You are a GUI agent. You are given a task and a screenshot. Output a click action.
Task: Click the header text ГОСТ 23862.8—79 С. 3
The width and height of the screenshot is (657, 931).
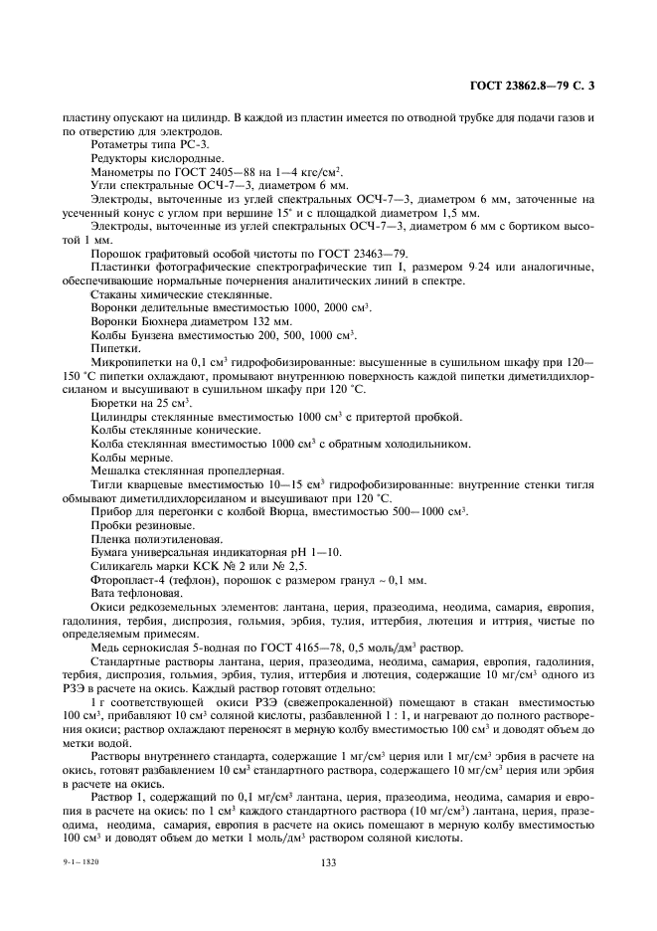[531, 88]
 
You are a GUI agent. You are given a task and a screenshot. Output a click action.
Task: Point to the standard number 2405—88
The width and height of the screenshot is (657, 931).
[220, 172]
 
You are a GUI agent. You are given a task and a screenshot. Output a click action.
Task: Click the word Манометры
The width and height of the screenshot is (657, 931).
[117, 172]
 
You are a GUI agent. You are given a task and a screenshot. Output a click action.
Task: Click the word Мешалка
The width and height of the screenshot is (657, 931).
[113, 470]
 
